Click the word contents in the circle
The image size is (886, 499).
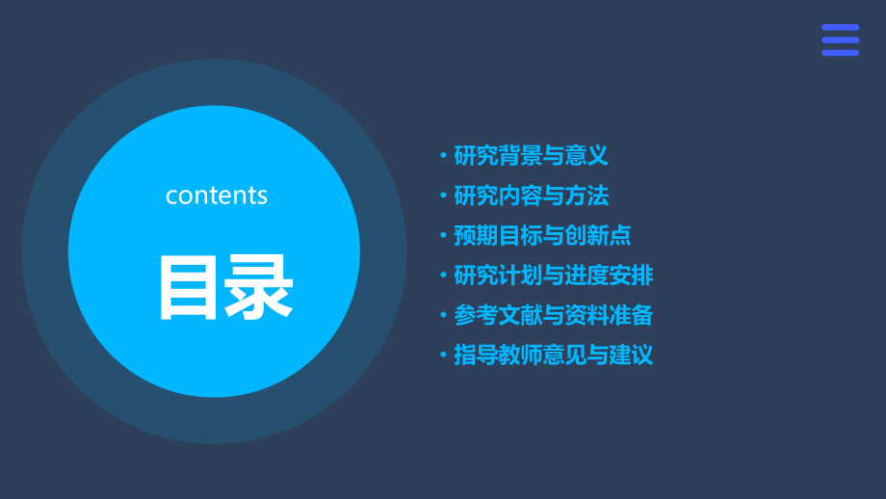tap(217, 196)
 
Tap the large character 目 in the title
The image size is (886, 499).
tap(189, 289)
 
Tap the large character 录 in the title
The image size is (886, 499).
tap(258, 289)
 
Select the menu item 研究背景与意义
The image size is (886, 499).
tap(531, 156)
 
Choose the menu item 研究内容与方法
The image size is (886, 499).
tap(531, 196)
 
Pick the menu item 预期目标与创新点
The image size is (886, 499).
tap(542, 235)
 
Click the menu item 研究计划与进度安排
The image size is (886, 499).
tap(553, 276)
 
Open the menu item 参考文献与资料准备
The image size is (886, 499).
tap(553, 315)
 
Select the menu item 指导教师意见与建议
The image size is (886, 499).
tap(553, 355)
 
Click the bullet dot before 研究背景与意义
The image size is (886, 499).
tap(443, 156)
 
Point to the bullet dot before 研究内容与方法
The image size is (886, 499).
tap(443, 197)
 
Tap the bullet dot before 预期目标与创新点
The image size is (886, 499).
tap(443, 236)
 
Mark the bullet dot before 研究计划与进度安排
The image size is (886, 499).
tap(443, 276)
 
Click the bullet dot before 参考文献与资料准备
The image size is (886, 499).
tap(443, 315)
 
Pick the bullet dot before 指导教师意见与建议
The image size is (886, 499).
tap(443, 355)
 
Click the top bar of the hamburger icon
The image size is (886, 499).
tap(840, 27)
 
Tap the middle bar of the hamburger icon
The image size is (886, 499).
tap(840, 39)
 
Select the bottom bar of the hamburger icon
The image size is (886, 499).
tap(840, 53)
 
